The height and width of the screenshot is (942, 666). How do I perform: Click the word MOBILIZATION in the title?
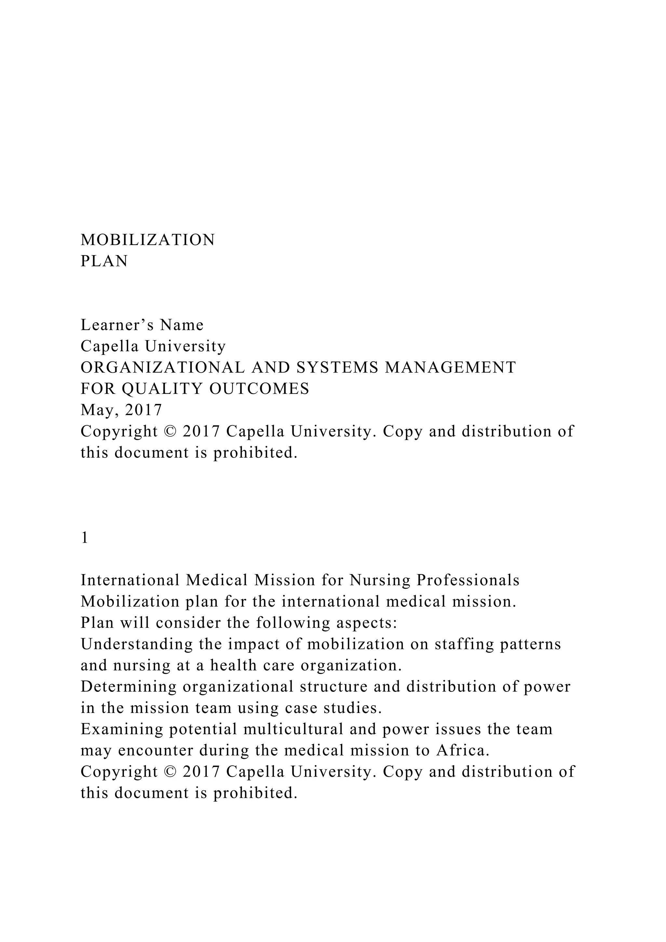[148, 240]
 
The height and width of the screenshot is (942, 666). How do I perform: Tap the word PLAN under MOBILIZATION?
[104, 261]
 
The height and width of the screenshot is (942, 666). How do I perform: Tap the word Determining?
[128, 687]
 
